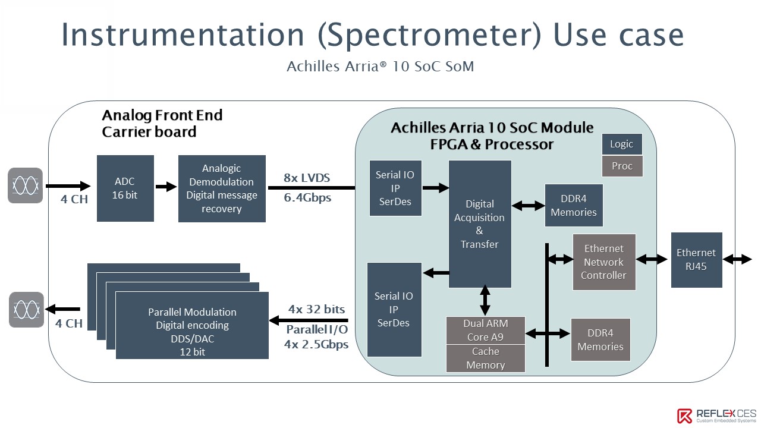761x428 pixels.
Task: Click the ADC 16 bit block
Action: click(125, 188)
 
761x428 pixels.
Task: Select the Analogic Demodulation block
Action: click(222, 188)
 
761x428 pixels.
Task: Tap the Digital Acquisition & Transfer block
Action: click(480, 224)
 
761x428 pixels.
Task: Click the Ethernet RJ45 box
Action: click(696, 260)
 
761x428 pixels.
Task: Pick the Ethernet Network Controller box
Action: click(604, 262)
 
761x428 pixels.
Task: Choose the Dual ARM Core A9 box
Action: click(486, 330)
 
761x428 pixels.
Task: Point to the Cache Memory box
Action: click(486, 358)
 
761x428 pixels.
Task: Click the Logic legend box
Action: click(622, 144)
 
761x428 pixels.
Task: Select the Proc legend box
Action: click(622, 166)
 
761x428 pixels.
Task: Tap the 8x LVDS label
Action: click(307, 178)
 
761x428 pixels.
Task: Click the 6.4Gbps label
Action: click(307, 198)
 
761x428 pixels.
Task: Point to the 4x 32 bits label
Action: click(316, 309)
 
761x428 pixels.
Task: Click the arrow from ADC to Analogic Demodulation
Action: click(166, 187)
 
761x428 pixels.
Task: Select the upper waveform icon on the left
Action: click(26, 185)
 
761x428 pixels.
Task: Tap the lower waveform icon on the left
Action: click(27, 310)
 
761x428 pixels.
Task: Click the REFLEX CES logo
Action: click(716, 416)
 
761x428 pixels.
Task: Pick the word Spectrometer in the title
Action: click(429, 35)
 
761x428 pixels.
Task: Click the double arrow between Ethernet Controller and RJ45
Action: click(652, 260)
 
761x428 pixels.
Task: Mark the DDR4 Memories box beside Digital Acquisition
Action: click(574, 206)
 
